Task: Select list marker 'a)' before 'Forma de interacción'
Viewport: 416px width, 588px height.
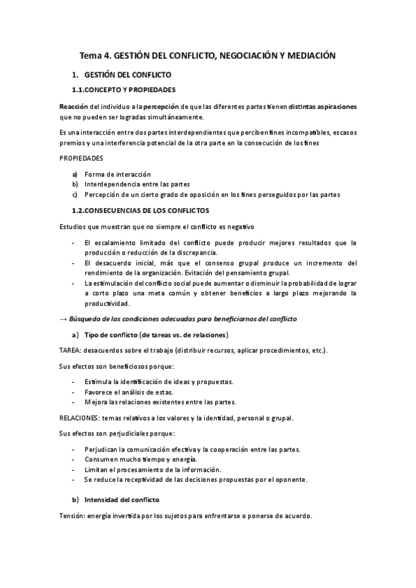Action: tap(75, 173)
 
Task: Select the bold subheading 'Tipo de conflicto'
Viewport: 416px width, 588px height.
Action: tap(109, 336)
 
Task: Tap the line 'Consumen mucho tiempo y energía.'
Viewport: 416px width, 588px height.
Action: tap(140, 459)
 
